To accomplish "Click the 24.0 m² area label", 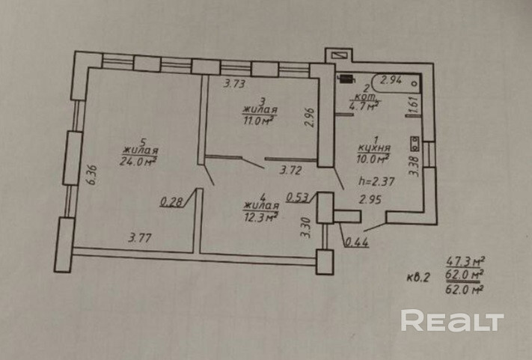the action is (137, 159).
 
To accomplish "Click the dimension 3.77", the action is (141, 240).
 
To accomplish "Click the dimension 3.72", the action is (291, 171).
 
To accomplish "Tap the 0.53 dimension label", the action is (298, 198).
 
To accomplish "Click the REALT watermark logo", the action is (452, 320).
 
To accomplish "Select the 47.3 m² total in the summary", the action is (464, 261).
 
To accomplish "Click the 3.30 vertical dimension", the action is (305, 225).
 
